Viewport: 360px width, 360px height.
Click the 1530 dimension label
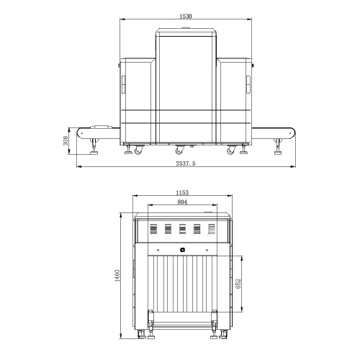tap(186, 16)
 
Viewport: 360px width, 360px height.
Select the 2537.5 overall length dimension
tap(186, 163)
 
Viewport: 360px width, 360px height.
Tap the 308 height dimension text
tap(66, 140)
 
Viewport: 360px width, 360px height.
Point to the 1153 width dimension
tap(182, 192)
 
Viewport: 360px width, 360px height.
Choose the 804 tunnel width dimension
tap(182, 202)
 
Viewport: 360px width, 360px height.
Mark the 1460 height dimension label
tap(117, 276)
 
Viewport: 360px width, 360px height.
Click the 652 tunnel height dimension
tap(238, 284)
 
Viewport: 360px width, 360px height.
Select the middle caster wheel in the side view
tap(179, 150)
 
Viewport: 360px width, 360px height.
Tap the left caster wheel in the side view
tap(138, 150)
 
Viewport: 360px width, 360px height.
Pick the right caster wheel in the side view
tap(231, 150)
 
